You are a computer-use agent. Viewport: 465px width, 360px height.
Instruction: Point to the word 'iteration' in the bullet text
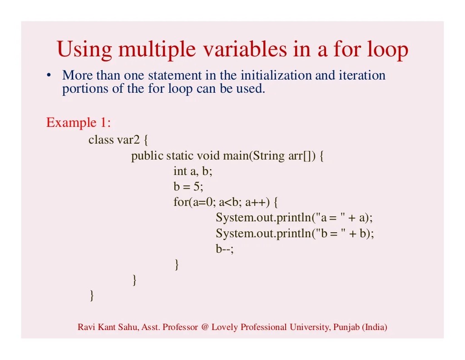pyautogui.click(x=362, y=75)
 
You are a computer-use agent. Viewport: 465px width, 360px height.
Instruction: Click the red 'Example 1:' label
pyautogui.click(x=79, y=123)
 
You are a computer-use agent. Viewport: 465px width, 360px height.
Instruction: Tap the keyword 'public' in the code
pyautogui.click(x=147, y=156)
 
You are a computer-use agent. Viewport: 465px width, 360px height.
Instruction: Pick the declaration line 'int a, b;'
pyautogui.click(x=193, y=171)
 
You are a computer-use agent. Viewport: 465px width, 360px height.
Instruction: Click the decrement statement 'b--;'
pyautogui.click(x=224, y=249)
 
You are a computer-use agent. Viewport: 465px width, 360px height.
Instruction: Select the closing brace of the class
pyautogui.click(x=92, y=296)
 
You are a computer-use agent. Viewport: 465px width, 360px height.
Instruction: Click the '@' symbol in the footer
pyautogui.click(x=204, y=327)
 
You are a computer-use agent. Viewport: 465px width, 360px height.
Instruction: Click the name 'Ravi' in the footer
pyautogui.click(x=85, y=327)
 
